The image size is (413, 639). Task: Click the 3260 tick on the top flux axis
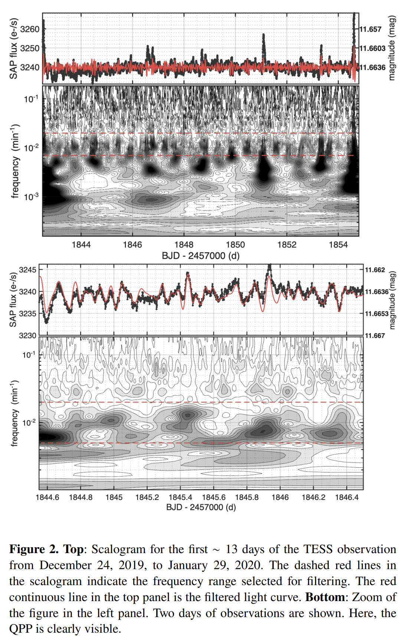tap(30, 29)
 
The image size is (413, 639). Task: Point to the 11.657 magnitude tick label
tap(370, 29)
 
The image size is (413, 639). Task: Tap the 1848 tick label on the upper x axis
tap(184, 245)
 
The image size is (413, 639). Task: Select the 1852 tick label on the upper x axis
tap(287, 245)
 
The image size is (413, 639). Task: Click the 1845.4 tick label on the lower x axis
tap(180, 497)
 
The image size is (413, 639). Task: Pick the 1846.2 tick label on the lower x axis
tap(314, 497)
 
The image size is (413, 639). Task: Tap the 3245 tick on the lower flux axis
tap(28, 270)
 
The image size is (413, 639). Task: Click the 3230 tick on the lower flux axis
tap(28, 336)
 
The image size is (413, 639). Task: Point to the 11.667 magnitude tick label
tap(375, 336)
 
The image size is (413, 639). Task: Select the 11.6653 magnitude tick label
tap(377, 314)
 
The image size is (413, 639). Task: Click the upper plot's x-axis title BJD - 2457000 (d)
tap(200, 256)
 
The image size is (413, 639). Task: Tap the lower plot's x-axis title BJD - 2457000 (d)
tap(201, 507)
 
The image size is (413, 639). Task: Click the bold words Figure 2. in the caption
tap(34, 549)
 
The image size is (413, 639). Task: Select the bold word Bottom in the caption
tap(325, 597)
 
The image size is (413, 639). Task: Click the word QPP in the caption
tap(21, 629)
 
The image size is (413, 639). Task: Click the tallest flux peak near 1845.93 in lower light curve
tap(269, 266)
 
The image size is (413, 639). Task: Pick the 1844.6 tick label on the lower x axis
tap(47, 497)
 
